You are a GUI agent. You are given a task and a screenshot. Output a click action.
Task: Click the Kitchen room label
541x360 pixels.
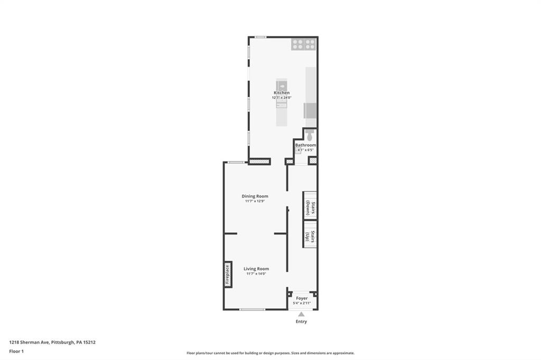click(281, 93)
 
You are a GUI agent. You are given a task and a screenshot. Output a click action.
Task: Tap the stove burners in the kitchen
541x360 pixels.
click(303, 45)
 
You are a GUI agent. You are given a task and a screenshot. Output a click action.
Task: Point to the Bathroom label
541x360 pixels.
click(305, 145)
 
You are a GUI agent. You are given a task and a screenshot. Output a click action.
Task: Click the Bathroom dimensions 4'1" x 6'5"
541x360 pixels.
click(305, 150)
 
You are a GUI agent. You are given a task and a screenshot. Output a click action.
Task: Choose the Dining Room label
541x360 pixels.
click(255, 196)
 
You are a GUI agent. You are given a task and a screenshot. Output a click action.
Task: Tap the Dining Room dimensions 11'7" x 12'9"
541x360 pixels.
click(255, 201)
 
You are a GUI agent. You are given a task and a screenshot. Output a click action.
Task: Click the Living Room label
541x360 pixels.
click(256, 269)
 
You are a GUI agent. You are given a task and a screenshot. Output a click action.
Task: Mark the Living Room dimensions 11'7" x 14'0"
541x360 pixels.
click(256, 273)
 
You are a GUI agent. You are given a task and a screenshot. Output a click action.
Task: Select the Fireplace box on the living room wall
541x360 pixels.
click(228, 274)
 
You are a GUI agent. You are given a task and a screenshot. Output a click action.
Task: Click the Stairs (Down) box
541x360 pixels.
click(310, 205)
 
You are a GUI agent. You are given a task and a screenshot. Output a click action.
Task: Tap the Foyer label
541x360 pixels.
click(302, 298)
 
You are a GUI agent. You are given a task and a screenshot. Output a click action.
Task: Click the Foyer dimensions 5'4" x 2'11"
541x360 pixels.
click(302, 303)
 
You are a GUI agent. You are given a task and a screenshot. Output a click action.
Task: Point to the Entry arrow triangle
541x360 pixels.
click(301, 314)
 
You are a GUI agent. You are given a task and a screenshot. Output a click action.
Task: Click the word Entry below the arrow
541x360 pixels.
click(301, 321)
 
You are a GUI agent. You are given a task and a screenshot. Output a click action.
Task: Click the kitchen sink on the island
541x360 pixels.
click(282, 85)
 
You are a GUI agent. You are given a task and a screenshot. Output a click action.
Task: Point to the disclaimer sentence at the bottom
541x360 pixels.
click(270, 353)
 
